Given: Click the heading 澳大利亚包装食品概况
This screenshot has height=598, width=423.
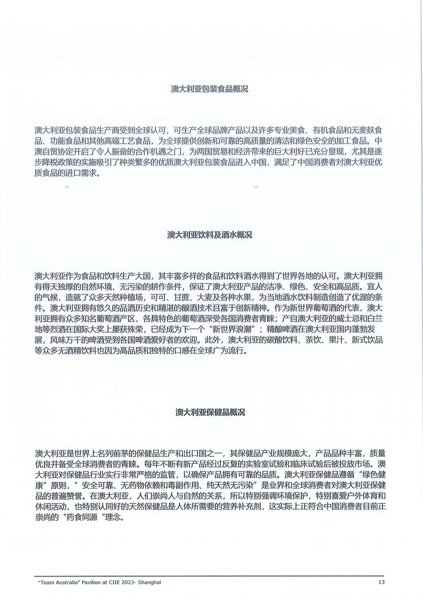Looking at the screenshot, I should click(210, 89).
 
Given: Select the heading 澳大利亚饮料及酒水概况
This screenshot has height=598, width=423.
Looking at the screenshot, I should click(210, 235).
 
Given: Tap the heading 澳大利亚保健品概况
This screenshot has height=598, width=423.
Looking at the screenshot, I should click(210, 412).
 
